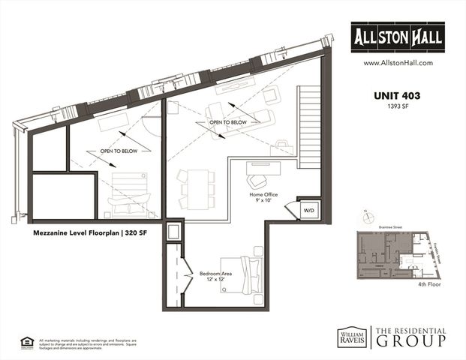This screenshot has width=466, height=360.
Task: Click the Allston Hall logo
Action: tap(398, 35)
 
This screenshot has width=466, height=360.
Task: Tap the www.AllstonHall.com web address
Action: tap(398, 64)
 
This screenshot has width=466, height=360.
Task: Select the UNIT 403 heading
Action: tap(398, 95)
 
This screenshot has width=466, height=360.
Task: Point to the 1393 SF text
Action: tap(398, 107)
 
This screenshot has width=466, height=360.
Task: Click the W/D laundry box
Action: tap(308, 211)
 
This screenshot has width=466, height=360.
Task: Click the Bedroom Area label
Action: tap(216, 273)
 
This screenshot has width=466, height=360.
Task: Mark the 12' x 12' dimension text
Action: tap(216, 280)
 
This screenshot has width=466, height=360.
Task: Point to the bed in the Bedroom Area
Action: tap(245, 275)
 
